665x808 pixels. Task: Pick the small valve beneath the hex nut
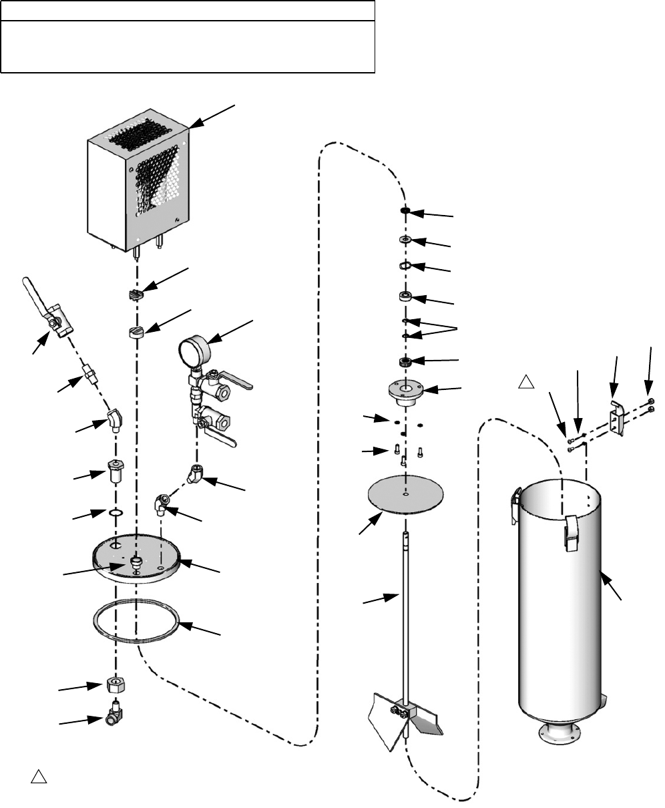point(114,719)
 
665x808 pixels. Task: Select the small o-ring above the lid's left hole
point(116,513)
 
